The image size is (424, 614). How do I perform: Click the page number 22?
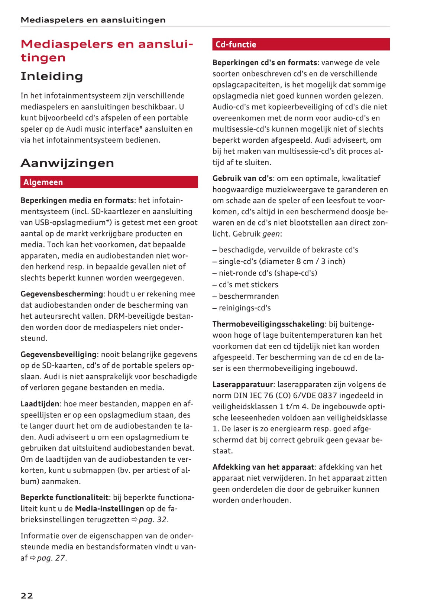tap(27, 595)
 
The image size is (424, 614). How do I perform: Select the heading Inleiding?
tap(52, 76)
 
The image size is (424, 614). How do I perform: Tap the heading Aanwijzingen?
tap(67, 163)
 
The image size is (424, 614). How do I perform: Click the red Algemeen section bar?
tap(109, 182)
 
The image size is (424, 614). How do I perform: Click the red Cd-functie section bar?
tap(301, 45)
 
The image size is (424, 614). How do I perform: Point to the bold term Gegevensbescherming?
tap(62, 294)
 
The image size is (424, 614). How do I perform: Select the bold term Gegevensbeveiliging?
tap(59, 354)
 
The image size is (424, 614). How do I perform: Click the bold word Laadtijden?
tap(40, 404)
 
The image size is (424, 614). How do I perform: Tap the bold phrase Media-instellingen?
tap(109, 509)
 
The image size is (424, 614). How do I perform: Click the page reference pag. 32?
tap(152, 520)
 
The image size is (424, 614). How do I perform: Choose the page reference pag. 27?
tap(51, 558)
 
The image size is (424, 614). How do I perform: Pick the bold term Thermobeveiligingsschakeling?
tap(268, 324)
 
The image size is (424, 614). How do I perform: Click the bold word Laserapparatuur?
tap(243, 384)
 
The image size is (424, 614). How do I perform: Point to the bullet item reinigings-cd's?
tap(245, 308)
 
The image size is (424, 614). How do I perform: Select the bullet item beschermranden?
tap(249, 296)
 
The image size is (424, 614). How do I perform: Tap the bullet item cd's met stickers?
tap(248, 285)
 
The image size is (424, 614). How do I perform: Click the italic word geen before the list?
tap(271, 234)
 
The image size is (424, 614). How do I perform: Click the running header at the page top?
tap(93, 20)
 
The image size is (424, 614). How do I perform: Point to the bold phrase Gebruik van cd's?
tap(242, 178)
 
